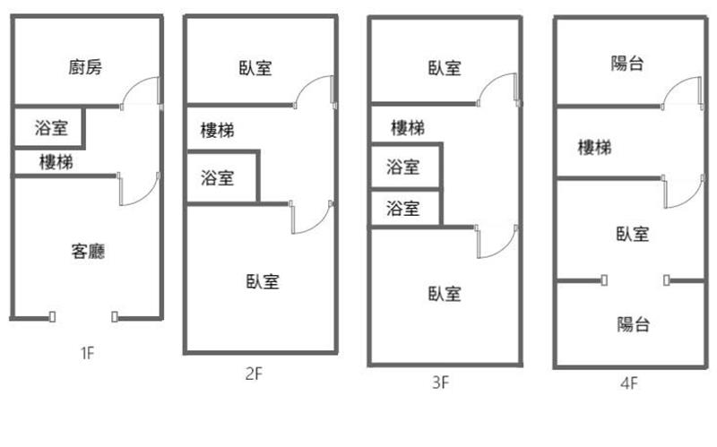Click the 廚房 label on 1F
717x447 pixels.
tap(86, 67)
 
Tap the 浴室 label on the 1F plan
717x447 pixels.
tap(48, 127)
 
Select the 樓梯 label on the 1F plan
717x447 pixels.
tap(56, 162)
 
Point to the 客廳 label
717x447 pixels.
tap(87, 251)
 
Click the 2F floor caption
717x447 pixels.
tap(254, 374)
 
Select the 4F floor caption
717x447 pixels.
tap(627, 385)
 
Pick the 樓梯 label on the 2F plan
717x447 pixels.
tap(217, 131)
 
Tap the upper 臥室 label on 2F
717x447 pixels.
tap(255, 68)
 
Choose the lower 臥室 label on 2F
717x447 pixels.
tap(262, 281)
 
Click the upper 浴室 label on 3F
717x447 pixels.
tap(402, 166)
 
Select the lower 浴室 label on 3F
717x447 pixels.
tap(402, 210)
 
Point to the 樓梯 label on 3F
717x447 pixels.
tap(408, 128)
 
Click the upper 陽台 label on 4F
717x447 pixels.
tap(629, 63)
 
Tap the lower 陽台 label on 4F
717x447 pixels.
tap(634, 324)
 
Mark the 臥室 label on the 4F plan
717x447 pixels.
tap(633, 235)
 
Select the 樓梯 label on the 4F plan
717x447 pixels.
tap(595, 147)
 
